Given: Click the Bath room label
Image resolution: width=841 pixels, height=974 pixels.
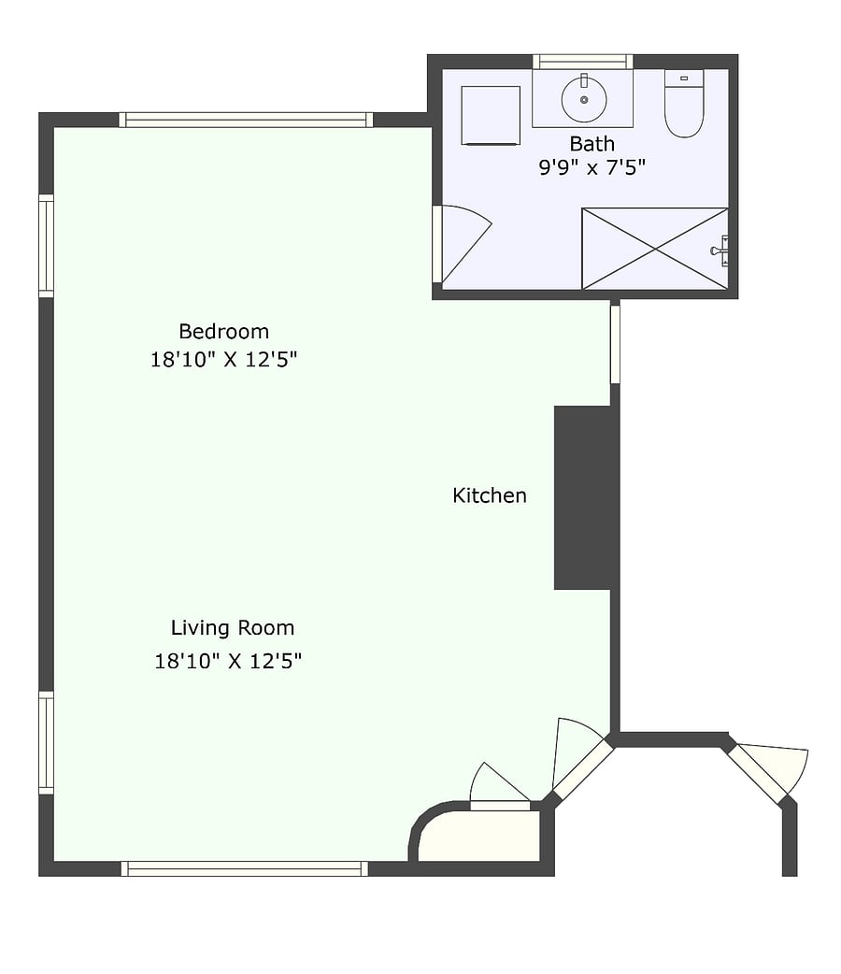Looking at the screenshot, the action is pyautogui.click(x=592, y=144).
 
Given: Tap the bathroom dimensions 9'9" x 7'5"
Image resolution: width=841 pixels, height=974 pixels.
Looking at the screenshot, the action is pyautogui.click(x=592, y=167).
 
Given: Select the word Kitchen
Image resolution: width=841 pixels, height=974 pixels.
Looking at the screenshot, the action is pyautogui.click(x=490, y=495).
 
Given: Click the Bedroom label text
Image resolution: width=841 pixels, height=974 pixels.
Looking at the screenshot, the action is pyautogui.click(x=223, y=331).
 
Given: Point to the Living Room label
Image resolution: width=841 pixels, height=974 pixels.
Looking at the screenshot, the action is pyautogui.click(x=233, y=628).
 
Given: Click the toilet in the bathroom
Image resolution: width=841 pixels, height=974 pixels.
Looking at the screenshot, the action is pyautogui.click(x=684, y=103).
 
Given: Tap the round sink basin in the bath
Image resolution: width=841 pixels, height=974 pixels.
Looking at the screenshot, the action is pyautogui.click(x=584, y=99).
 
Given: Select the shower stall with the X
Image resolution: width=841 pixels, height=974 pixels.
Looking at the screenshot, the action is pyautogui.click(x=655, y=249).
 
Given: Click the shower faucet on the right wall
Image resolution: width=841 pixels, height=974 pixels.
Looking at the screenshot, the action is pyautogui.click(x=720, y=251).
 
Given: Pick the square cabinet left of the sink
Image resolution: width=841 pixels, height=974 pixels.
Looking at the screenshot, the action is pyautogui.click(x=491, y=116).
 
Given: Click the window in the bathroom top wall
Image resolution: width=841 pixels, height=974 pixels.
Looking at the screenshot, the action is pyautogui.click(x=582, y=62).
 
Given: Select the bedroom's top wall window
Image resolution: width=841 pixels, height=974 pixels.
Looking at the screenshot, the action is pyautogui.click(x=246, y=120).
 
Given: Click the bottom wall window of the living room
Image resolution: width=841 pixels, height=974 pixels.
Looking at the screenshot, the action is pyautogui.click(x=244, y=868).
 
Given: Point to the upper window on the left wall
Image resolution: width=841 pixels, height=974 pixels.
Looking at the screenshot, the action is pyautogui.click(x=46, y=245).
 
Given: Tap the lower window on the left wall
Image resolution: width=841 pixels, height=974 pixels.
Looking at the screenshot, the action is pyautogui.click(x=46, y=743).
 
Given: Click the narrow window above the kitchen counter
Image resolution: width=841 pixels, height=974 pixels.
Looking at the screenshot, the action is pyautogui.click(x=615, y=344).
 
